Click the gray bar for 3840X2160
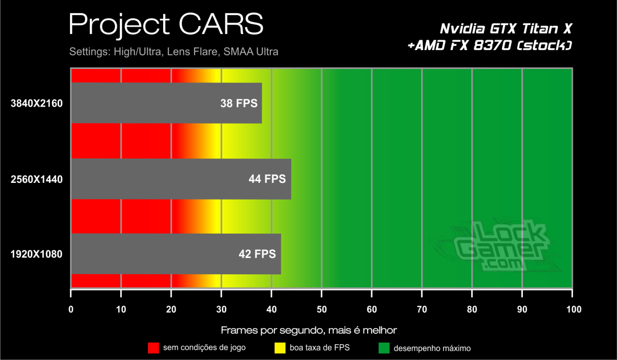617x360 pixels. [x=166, y=103]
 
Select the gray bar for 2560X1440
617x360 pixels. [x=181, y=179]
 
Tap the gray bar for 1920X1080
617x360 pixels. [x=176, y=254]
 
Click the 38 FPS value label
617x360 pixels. [x=239, y=103]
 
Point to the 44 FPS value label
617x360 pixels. [x=267, y=179]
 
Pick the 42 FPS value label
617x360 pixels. [x=257, y=254]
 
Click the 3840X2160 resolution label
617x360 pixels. [x=37, y=103]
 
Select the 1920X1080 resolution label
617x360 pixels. [x=37, y=254]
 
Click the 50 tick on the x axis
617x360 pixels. [x=322, y=309]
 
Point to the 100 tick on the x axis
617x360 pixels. [x=573, y=309]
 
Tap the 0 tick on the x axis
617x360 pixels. [x=71, y=309]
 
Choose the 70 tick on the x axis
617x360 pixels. [x=422, y=309]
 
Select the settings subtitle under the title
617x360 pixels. [x=174, y=52]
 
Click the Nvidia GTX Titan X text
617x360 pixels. [x=507, y=28]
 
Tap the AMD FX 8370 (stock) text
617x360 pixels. [x=489, y=46]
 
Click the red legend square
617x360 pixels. [x=153, y=347]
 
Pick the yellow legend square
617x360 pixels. [x=280, y=347]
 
